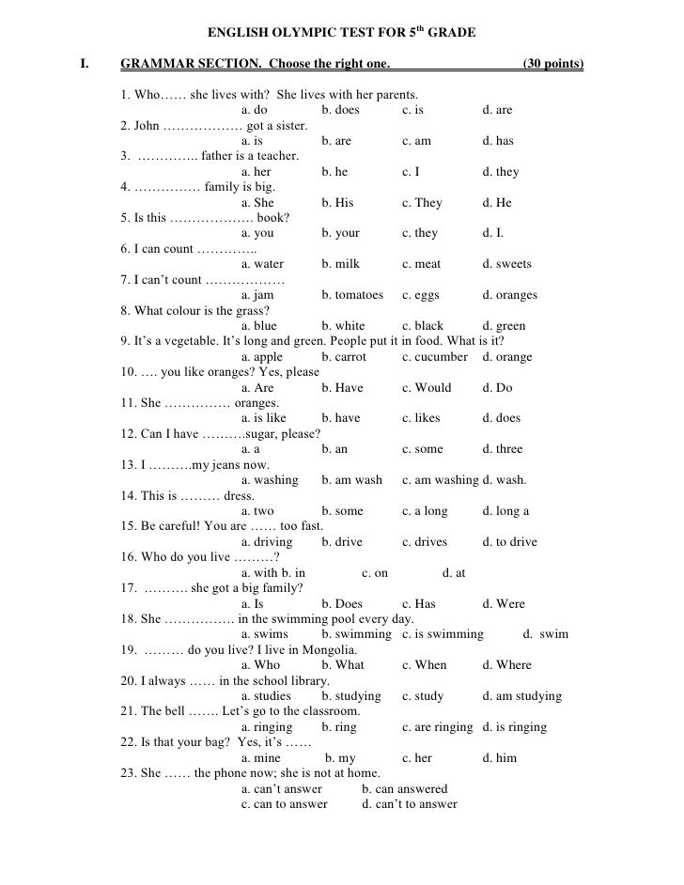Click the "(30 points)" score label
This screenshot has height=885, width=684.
click(552, 65)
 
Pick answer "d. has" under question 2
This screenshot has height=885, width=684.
click(498, 141)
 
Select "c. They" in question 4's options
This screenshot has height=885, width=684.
click(422, 202)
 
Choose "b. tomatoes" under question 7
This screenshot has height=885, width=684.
click(352, 295)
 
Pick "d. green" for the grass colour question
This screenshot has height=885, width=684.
click(504, 326)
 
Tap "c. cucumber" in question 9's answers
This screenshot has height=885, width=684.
click(434, 357)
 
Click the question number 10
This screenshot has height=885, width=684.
click(130, 372)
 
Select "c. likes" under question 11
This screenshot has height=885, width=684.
click(421, 418)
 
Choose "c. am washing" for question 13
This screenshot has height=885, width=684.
click(440, 480)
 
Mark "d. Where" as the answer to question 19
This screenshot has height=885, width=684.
click(506, 665)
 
